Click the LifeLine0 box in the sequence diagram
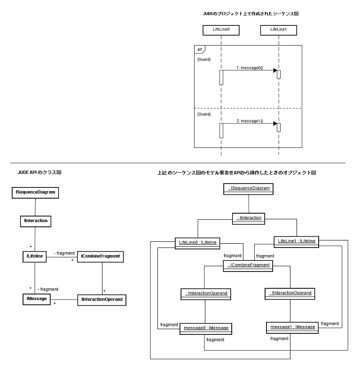(220, 30)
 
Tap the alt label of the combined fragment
(199, 48)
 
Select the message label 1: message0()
(250, 68)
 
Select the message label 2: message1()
(250, 121)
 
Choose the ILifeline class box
(34, 256)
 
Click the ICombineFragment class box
(102, 256)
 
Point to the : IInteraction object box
(249, 217)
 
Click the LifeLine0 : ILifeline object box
(197, 243)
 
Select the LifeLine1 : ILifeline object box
(297, 241)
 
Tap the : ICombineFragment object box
(249, 265)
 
